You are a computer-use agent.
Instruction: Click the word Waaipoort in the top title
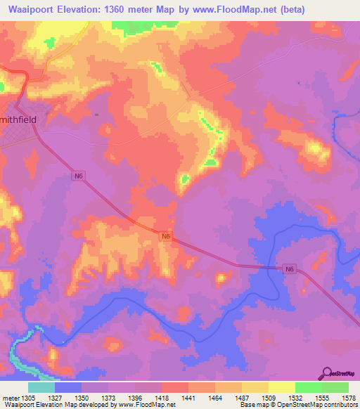tap(29, 10)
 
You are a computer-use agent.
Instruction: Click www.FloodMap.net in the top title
tap(238, 10)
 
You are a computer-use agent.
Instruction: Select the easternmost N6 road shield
tap(289, 268)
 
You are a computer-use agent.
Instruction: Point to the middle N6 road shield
tap(166, 237)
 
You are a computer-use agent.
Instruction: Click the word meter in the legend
tap(11, 398)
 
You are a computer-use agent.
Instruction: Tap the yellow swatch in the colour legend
tap(281, 387)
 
